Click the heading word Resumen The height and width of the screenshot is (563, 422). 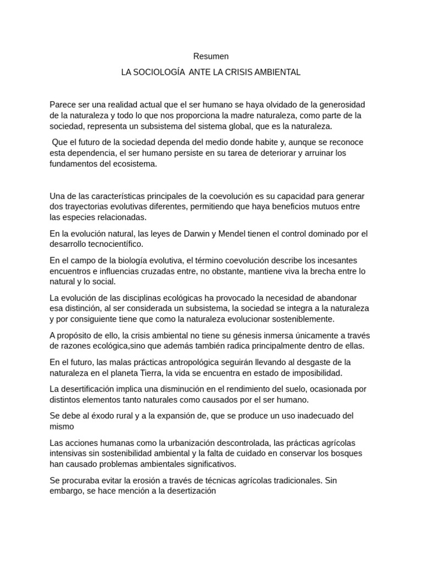[211, 56]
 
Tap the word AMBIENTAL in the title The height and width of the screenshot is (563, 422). [278, 72]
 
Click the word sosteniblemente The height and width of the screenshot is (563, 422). [298, 319]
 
